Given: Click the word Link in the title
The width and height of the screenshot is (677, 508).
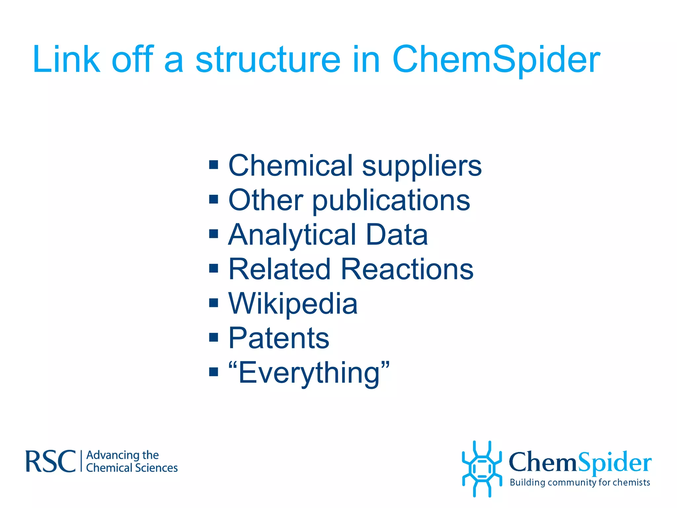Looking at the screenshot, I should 66,60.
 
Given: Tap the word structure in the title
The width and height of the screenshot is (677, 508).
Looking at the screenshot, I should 268,60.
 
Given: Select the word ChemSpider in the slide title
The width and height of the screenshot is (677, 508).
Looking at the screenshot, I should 496,60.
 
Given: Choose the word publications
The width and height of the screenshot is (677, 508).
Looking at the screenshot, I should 391,201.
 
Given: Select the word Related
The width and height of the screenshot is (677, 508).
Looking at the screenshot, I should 279,269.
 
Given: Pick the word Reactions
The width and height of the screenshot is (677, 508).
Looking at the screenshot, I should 407,269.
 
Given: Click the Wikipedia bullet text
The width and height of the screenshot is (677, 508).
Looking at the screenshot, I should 293,304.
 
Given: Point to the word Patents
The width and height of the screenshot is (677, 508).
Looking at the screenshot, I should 279,338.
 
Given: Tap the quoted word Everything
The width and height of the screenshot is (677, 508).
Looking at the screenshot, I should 309,373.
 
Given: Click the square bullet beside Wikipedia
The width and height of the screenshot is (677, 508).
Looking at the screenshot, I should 214,303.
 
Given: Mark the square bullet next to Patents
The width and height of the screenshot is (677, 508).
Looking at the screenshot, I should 214,337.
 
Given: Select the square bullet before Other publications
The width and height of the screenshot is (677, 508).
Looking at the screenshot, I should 214,199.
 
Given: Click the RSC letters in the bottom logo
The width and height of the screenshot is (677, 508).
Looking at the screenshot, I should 51,461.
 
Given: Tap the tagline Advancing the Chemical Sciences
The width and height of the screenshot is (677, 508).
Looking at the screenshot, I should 132,461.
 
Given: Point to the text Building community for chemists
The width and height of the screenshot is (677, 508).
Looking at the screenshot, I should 580,483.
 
